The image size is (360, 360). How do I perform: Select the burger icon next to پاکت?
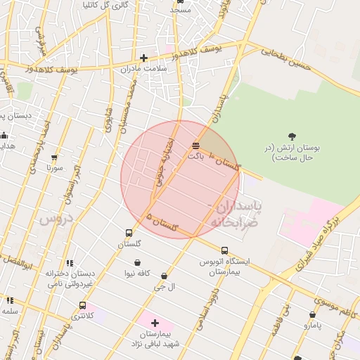[195, 146]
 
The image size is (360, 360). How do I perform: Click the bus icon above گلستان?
[129, 233]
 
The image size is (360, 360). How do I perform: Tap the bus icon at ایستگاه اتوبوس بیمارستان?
[224, 250]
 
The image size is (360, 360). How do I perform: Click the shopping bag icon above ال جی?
[165, 276]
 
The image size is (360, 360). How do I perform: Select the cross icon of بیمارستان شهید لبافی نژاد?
[155, 323]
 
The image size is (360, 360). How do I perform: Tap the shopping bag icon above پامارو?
[312, 314]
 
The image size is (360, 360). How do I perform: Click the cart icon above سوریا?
[54, 157]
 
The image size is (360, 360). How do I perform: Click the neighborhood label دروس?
[56, 219]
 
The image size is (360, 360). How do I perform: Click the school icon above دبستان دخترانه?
[69, 263]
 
